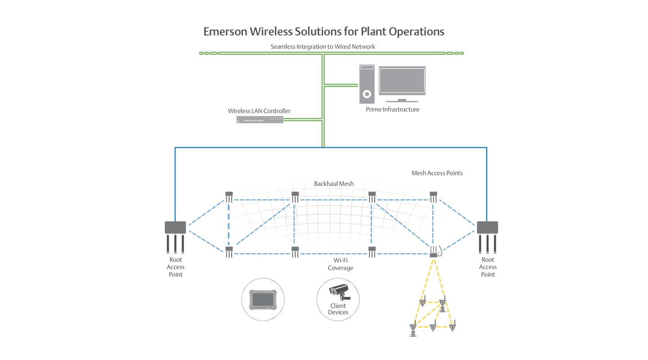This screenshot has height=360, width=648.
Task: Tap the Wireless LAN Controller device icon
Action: (x=260, y=120)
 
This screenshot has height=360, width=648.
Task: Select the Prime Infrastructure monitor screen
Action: (x=402, y=81)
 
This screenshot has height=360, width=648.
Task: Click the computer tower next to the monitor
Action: (x=367, y=84)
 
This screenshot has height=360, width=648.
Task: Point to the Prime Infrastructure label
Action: (x=392, y=109)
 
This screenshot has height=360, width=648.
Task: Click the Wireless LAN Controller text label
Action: (x=259, y=111)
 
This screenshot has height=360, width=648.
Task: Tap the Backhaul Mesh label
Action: (x=333, y=184)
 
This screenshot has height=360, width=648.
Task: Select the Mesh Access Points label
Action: (x=437, y=173)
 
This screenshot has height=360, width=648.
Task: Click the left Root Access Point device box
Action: (x=175, y=227)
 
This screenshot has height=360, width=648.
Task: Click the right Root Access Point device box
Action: (x=487, y=227)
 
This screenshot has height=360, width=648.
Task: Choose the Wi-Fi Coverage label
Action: (x=340, y=264)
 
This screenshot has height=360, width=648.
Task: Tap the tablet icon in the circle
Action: (x=263, y=299)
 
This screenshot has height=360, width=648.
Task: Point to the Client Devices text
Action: (x=338, y=309)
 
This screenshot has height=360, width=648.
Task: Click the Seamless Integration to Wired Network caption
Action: (x=323, y=46)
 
